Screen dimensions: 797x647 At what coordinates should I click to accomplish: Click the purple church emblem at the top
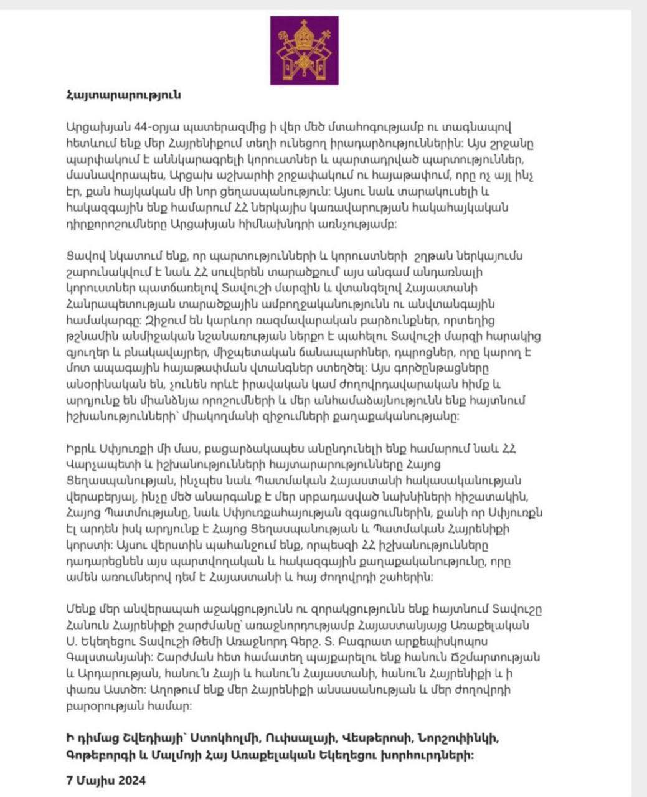click(x=304, y=50)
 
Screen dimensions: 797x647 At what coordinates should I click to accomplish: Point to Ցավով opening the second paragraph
click(x=80, y=257)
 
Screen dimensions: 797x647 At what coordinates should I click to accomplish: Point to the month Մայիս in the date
click(x=93, y=780)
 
